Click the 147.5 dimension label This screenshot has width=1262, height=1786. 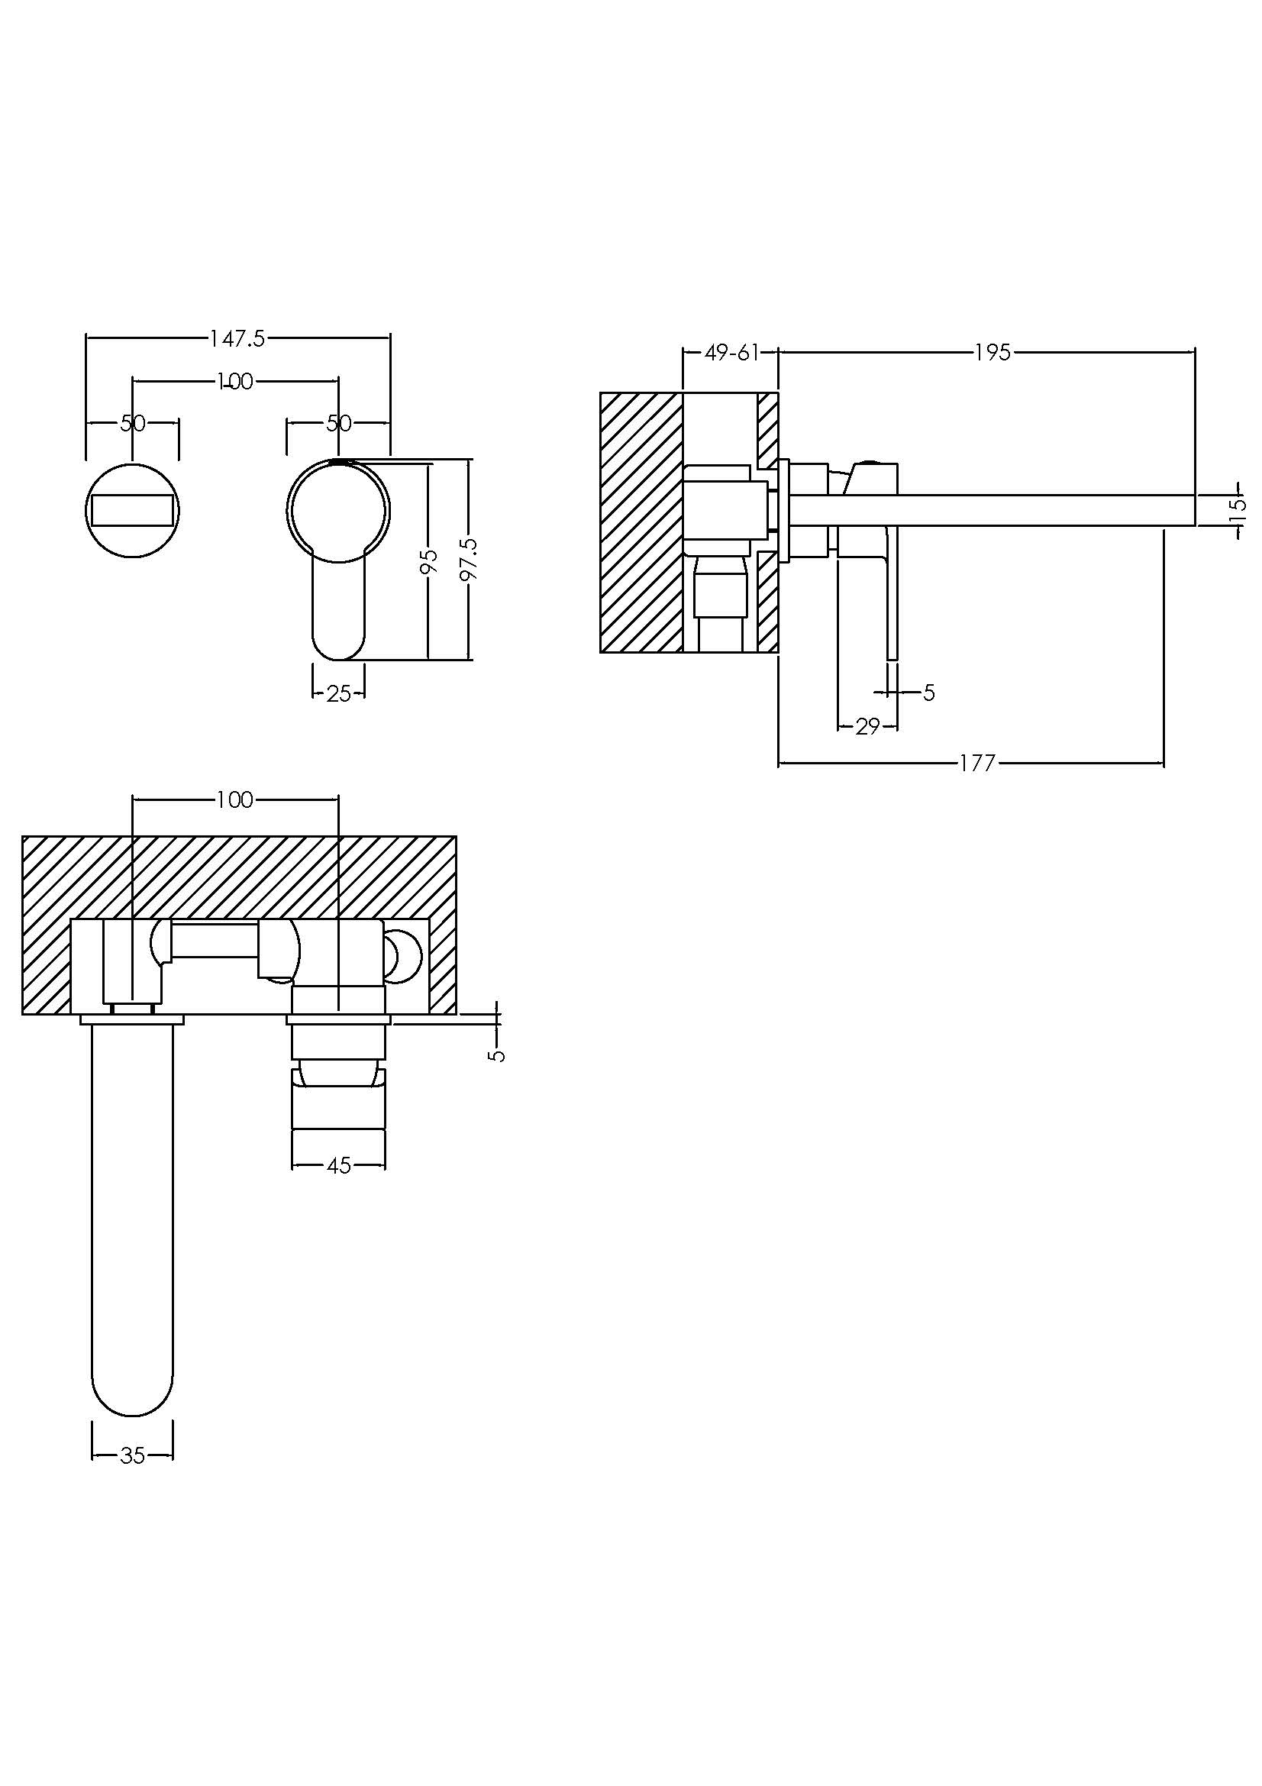[237, 338]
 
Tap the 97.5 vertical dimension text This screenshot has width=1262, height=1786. [469, 558]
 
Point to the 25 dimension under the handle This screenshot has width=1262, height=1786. [339, 693]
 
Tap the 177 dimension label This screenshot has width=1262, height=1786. [976, 763]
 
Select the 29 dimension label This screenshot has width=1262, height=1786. [867, 726]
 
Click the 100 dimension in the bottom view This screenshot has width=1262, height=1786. [236, 799]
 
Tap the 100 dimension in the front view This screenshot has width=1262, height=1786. [236, 381]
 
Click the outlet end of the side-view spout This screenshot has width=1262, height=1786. [1195, 510]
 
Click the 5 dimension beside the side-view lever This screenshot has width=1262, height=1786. [929, 693]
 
